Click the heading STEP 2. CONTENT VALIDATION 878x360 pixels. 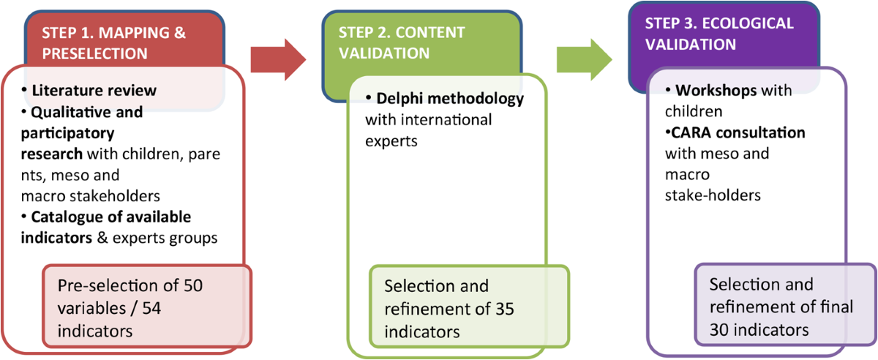tap(401, 43)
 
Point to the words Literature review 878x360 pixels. tap(93, 91)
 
